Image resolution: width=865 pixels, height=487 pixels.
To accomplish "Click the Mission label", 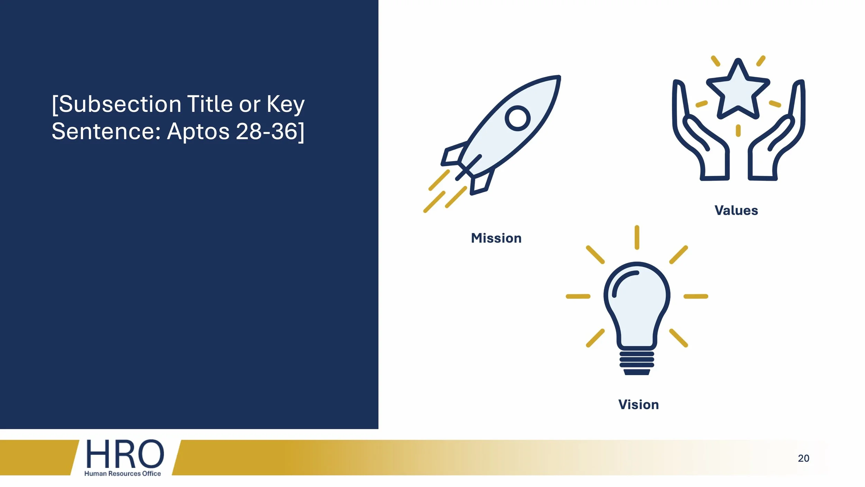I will coord(496,238).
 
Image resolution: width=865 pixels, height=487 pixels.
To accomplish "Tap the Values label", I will coord(736,211).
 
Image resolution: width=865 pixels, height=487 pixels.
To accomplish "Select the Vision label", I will coord(638,405).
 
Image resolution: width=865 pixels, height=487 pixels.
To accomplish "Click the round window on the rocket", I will coord(518,118).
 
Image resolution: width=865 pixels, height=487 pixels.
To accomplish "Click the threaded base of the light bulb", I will coord(637,362).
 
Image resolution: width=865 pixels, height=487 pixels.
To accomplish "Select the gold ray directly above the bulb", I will coord(637,237).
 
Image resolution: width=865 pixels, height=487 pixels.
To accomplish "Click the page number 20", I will coord(803,458).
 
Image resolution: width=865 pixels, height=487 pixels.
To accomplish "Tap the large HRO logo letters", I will coord(125,454).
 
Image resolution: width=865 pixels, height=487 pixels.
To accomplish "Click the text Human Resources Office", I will coord(122,473).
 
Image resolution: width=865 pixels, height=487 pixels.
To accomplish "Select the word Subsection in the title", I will coord(120,104).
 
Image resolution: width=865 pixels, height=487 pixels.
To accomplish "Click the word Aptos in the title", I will coord(198,132).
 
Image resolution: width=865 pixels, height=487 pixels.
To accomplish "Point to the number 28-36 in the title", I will coord(266,132).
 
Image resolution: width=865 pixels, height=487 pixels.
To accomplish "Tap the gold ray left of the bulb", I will coord(578,296).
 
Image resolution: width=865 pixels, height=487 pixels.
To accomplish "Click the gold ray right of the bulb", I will coord(696,296).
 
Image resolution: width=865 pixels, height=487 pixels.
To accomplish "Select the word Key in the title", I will coord(285,104).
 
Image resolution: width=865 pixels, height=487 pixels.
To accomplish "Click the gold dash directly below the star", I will coord(738,131).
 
